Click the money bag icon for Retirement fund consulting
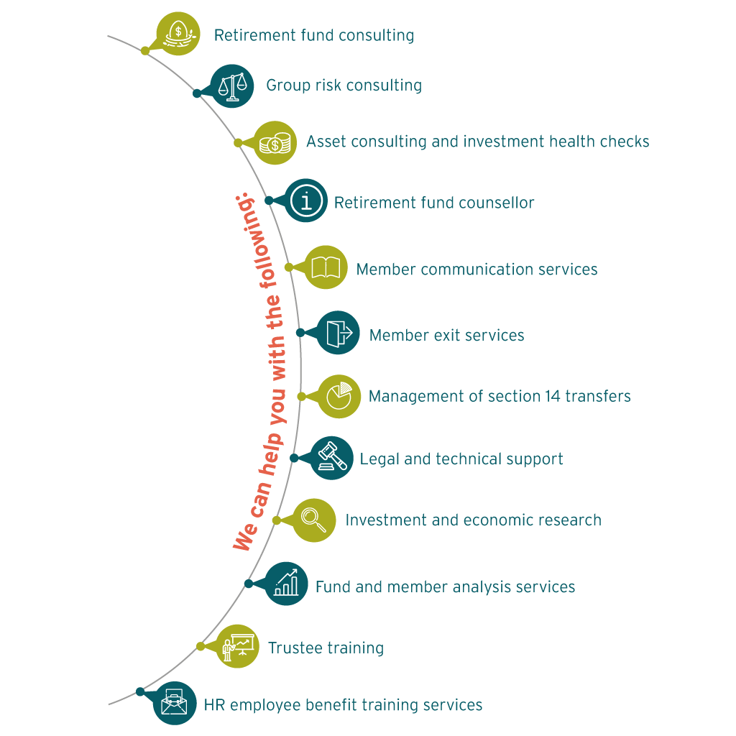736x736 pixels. click(178, 33)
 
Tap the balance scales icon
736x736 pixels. click(231, 86)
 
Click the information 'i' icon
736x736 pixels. click(307, 201)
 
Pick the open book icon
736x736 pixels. click(326, 268)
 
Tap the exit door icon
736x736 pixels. click(339, 333)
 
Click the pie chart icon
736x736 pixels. click(339, 396)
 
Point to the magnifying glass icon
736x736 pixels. click(314, 520)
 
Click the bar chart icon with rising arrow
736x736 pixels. click(286, 584)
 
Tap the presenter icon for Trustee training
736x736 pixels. click(238, 646)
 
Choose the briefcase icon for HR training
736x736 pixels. click(175, 703)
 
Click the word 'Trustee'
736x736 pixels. click(295, 648)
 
